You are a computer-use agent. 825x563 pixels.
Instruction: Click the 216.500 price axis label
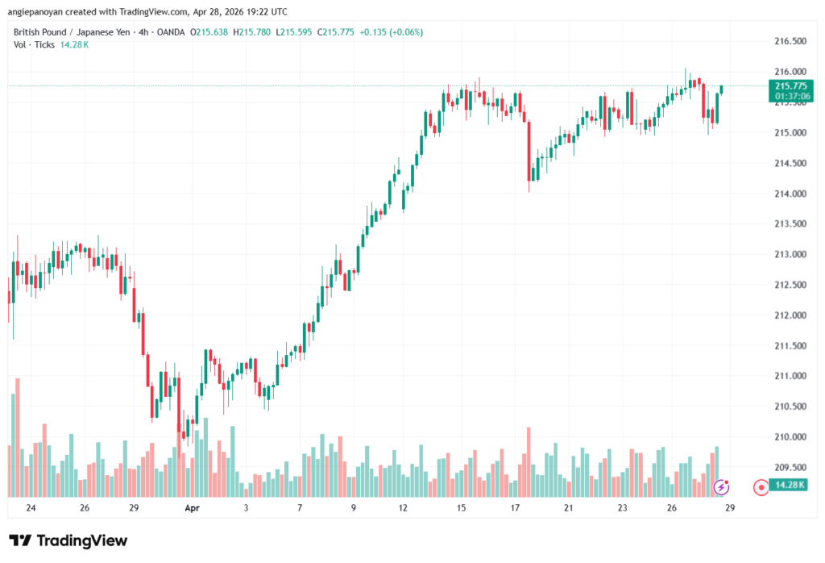pos(790,41)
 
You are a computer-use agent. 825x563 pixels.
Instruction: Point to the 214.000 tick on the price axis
pos(790,194)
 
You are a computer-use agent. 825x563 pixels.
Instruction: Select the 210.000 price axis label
pos(790,437)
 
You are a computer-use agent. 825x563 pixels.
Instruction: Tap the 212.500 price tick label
pos(790,285)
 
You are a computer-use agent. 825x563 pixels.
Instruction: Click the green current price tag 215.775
pos(790,85)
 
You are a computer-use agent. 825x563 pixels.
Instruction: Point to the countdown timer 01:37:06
pos(790,96)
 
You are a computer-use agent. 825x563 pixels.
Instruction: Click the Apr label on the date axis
pos(192,508)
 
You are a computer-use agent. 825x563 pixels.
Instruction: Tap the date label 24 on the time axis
pos(31,508)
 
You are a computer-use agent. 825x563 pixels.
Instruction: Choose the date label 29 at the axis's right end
pos(729,508)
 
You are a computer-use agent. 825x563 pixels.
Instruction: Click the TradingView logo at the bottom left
pos(68,540)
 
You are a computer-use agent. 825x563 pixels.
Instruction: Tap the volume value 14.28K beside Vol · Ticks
pos(74,44)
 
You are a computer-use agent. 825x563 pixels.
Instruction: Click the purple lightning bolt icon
pos(722,487)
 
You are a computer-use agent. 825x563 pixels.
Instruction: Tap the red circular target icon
pos(761,487)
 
